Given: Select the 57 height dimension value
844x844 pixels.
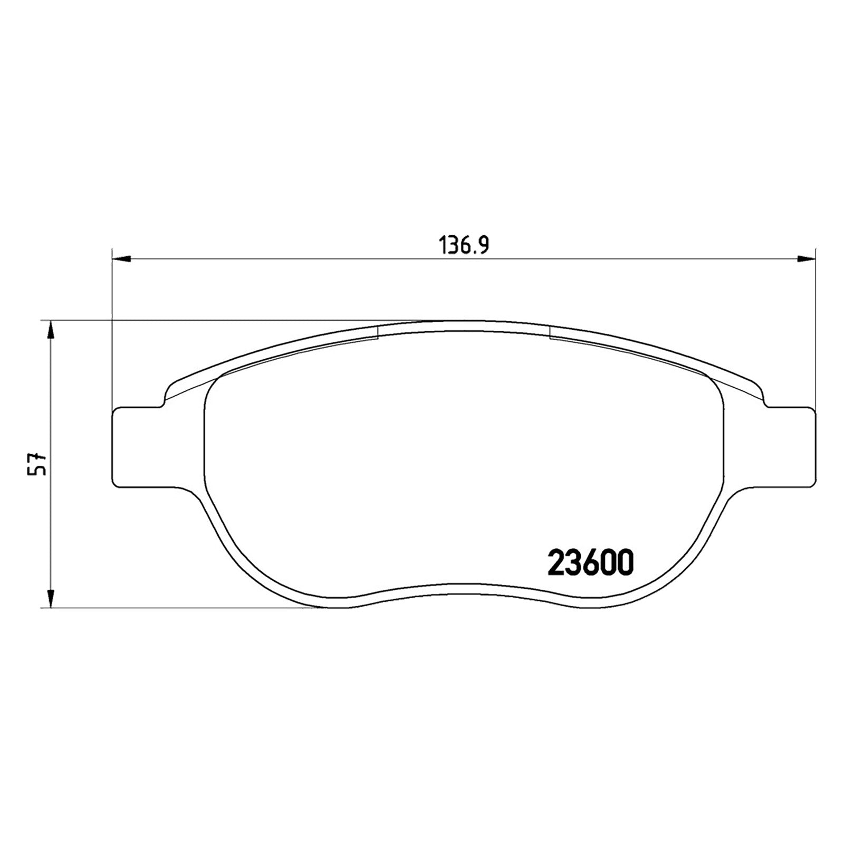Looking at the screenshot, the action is (38, 464).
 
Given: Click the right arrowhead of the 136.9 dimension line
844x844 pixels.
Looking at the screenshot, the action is (805, 258).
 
